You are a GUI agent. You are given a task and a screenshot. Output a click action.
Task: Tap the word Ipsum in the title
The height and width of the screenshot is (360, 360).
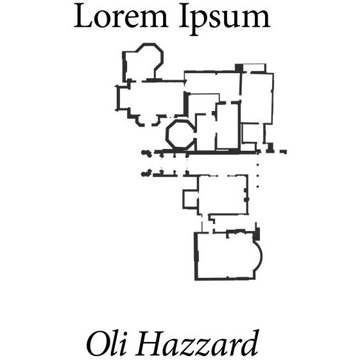coord(225,19)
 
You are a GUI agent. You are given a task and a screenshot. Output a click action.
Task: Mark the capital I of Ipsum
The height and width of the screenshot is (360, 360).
coord(184,16)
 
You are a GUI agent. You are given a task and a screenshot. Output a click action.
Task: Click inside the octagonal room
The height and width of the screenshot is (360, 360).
coord(180,134)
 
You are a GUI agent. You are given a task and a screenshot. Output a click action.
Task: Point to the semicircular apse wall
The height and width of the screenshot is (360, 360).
coord(259,255)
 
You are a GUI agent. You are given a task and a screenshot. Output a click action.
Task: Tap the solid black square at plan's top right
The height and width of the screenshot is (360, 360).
coord(239,68)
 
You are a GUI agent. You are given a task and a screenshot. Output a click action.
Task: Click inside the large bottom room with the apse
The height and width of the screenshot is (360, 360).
coord(225,256)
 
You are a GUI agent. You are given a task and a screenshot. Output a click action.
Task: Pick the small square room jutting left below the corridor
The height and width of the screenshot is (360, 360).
coord(191,199)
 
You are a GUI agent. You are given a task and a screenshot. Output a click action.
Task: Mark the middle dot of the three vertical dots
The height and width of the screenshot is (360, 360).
coord(257,176)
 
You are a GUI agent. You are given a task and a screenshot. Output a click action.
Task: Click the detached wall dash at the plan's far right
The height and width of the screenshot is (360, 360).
coord(284,151)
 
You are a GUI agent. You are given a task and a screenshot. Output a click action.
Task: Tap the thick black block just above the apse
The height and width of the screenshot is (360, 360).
coord(257,234)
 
